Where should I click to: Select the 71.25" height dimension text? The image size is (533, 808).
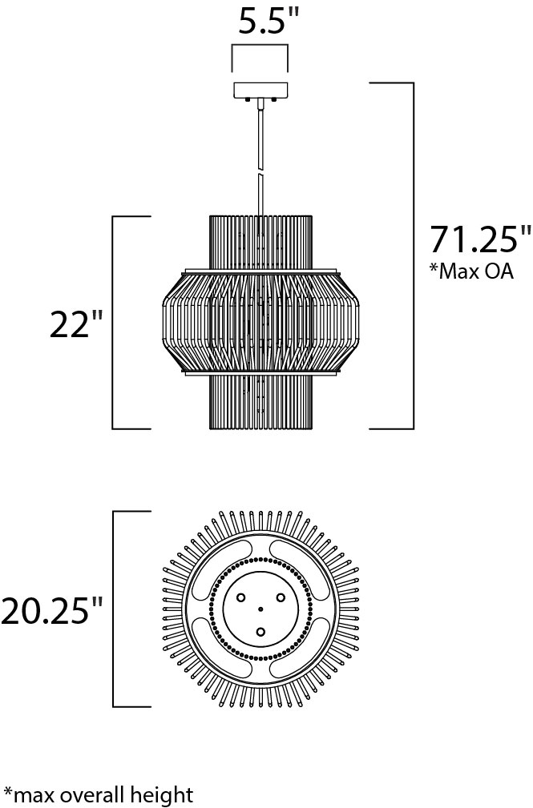coord(479,239)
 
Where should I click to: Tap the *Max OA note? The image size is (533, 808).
coord(471,271)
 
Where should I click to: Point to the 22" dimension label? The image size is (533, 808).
coord(77,324)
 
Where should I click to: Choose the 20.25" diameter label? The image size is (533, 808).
coord(53,611)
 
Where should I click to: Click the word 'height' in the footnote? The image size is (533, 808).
coord(166,794)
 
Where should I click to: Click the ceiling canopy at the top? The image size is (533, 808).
coord(260,91)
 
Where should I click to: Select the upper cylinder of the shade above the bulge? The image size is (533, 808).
coord(260,240)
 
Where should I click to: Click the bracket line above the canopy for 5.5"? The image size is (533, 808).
coord(260,46)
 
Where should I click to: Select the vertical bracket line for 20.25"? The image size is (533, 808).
coord(113,609)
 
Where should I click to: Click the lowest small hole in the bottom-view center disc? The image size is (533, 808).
coord(260,633)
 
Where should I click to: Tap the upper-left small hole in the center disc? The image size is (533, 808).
coord(240,598)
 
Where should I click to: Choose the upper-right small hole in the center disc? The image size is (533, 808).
coord(281,598)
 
